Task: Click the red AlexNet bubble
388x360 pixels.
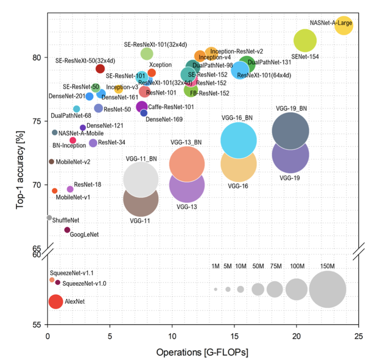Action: point(55,301)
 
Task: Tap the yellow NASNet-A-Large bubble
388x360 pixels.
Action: point(343,25)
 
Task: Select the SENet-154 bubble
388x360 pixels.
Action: point(305,40)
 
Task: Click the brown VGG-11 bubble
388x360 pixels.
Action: point(141,199)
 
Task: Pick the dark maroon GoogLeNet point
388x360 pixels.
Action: point(67,230)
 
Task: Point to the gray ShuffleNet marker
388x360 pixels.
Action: point(49,218)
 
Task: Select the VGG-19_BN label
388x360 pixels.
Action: point(291,108)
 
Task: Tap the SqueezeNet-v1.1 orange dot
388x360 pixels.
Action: point(52,280)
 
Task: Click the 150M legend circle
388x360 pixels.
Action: point(327,289)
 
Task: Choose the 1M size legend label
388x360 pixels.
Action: point(216,266)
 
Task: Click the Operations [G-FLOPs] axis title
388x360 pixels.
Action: point(202,351)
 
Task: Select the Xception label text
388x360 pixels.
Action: point(160,65)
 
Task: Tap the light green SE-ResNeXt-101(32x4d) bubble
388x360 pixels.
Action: point(147,54)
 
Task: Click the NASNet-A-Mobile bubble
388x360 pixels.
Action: point(55,132)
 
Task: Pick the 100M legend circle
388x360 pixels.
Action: point(296,289)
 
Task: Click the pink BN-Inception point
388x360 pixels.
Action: point(73,140)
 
